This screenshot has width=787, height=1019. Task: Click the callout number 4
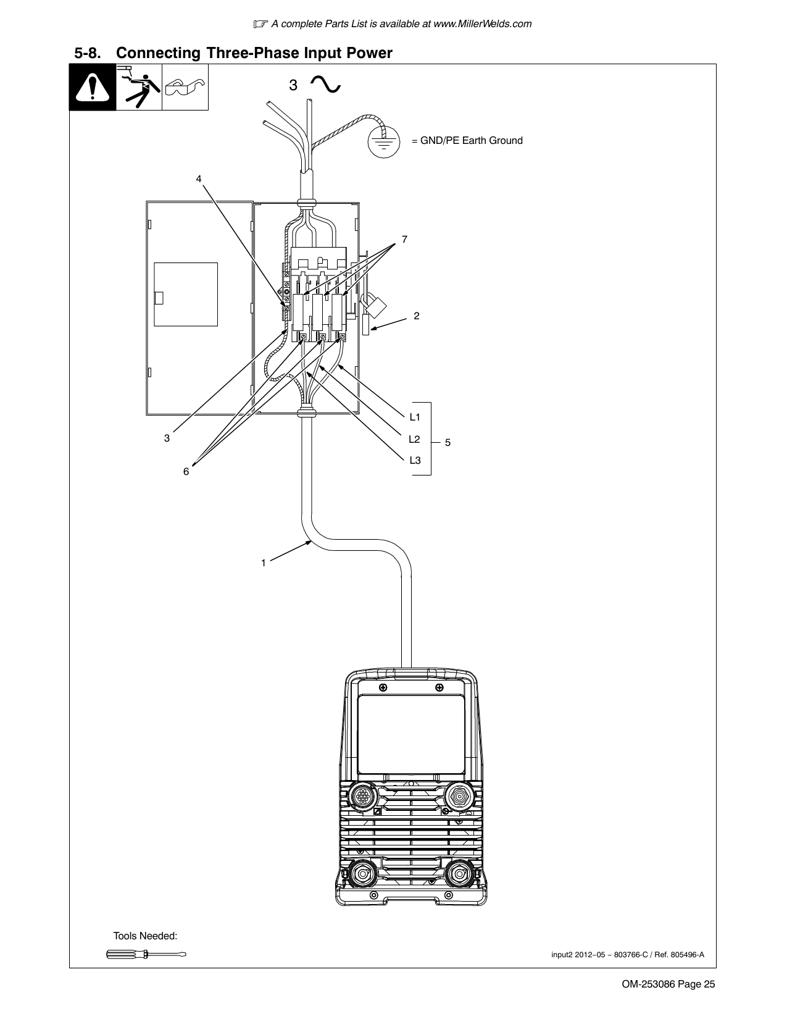click(x=199, y=178)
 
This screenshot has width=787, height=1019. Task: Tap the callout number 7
click(x=404, y=239)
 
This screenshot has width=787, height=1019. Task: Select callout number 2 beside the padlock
click(x=416, y=316)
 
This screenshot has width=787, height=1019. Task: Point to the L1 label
click(x=415, y=417)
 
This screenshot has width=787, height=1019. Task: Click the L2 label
click(x=414, y=439)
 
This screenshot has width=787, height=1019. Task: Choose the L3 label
click(x=415, y=460)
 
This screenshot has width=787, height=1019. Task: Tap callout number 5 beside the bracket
click(x=448, y=442)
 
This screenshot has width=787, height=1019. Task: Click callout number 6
click(x=186, y=471)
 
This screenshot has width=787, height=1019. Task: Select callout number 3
click(x=167, y=438)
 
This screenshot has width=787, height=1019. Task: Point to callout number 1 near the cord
click(x=264, y=563)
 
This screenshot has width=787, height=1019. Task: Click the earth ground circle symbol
click(x=384, y=141)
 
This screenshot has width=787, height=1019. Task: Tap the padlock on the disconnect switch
click(x=375, y=305)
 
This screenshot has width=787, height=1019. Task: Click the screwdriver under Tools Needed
click(x=146, y=954)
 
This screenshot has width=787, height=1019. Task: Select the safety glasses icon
click(x=185, y=86)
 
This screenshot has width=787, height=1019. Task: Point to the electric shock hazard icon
click(x=139, y=87)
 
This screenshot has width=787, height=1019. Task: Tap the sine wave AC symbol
click(x=325, y=85)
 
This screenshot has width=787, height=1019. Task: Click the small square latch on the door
click(x=159, y=298)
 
